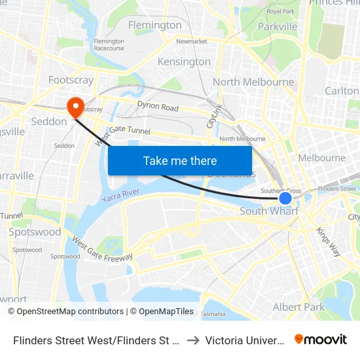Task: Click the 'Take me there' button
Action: pyautogui.click(x=180, y=160)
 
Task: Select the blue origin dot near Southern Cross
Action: pyautogui.click(x=285, y=198)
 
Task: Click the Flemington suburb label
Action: pyautogui.click(x=155, y=25)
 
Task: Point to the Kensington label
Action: pyautogui.click(x=184, y=62)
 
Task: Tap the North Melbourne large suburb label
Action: pyautogui.click(x=253, y=82)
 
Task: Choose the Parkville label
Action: pyautogui.click(x=278, y=27)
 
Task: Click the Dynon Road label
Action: pyautogui.click(x=158, y=107)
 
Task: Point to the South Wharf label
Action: pyautogui.click(x=269, y=211)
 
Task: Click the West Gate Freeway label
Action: pyautogui.click(x=102, y=249)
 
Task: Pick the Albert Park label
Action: pyautogui.click(x=298, y=307)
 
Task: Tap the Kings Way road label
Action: pyautogui.click(x=328, y=240)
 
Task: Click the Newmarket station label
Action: pyautogui.click(x=191, y=41)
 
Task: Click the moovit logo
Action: pyautogui.click(x=320, y=339)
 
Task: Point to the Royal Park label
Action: pyautogui.click(x=280, y=11)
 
